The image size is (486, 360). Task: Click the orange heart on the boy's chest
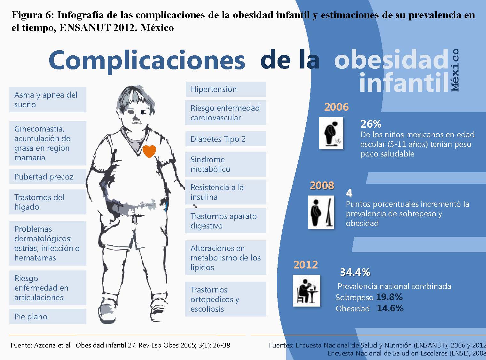(x=149, y=151)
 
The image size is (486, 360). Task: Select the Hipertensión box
(x=226, y=89)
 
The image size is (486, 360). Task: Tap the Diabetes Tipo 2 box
(x=226, y=139)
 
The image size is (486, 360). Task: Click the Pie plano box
(x=48, y=316)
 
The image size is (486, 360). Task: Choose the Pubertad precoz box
(x=48, y=176)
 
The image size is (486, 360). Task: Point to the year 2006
(x=336, y=107)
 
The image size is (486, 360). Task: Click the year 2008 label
(x=322, y=186)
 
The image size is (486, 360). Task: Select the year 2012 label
(x=306, y=265)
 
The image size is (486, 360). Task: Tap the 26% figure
(x=371, y=124)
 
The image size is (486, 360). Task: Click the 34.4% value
(x=355, y=272)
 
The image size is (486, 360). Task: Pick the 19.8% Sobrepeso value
(x=389, y=297)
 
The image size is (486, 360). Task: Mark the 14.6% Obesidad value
(x=390, y=308)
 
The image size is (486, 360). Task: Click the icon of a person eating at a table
(x=306, y=291)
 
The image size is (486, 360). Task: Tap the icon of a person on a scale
(x=331, y=133)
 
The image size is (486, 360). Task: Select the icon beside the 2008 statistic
(x=321, y=212)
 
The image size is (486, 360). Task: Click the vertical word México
(x=455, y=70)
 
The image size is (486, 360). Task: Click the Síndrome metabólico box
(x=226, y=164)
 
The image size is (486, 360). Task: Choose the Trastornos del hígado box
(x=48, y=202)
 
